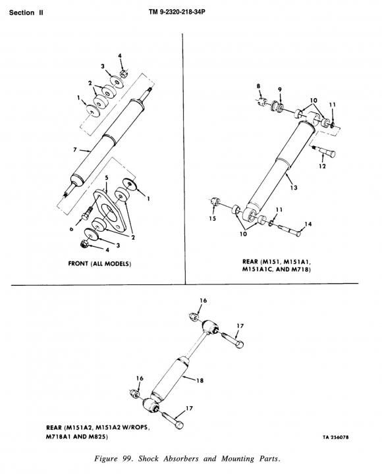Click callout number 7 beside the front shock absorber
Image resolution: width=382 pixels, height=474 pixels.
[75, 149]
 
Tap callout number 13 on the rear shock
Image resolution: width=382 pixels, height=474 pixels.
[294, 188]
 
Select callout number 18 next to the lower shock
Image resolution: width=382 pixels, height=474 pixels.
[200, 381]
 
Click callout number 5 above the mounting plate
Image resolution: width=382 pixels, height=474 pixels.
[107, 178]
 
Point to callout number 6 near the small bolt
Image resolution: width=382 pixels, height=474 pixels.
[71, 229]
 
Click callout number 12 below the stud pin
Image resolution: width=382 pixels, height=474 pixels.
[322, 166]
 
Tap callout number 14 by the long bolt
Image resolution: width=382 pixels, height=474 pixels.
[308, 224]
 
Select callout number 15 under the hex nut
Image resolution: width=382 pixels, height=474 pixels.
[212, 219]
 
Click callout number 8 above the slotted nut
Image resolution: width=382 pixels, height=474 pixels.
[258, 86]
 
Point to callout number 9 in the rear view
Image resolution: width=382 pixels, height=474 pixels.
[280, 89]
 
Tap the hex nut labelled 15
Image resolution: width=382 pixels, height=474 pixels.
[215, 201]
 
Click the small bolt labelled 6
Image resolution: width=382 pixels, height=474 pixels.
[86, 213]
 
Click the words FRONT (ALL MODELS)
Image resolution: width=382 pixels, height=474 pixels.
[99, 263]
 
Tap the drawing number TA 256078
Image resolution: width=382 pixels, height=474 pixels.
[335, 437]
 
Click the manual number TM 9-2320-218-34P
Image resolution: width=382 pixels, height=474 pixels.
[175, 12]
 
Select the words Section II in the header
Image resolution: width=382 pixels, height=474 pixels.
[26, 13]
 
